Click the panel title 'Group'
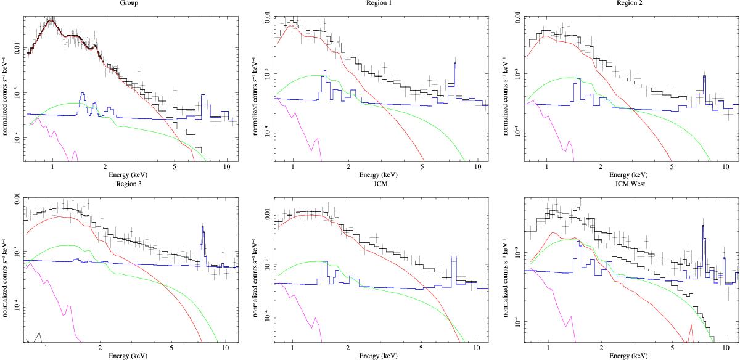pyautogui.click(x=129, y=2)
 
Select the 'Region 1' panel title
pyautogui.click(x=375, y=2)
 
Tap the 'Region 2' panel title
pyautogui.click(x=622, y=2)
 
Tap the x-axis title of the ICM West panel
pyautogui.click(x=622, y=356)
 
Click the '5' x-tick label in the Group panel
pyautogui.click(x=175, y=167)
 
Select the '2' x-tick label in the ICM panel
pyautogui.click(x=348, y=348)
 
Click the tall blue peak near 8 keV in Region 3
pyautogui.click(x=203, y=228)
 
